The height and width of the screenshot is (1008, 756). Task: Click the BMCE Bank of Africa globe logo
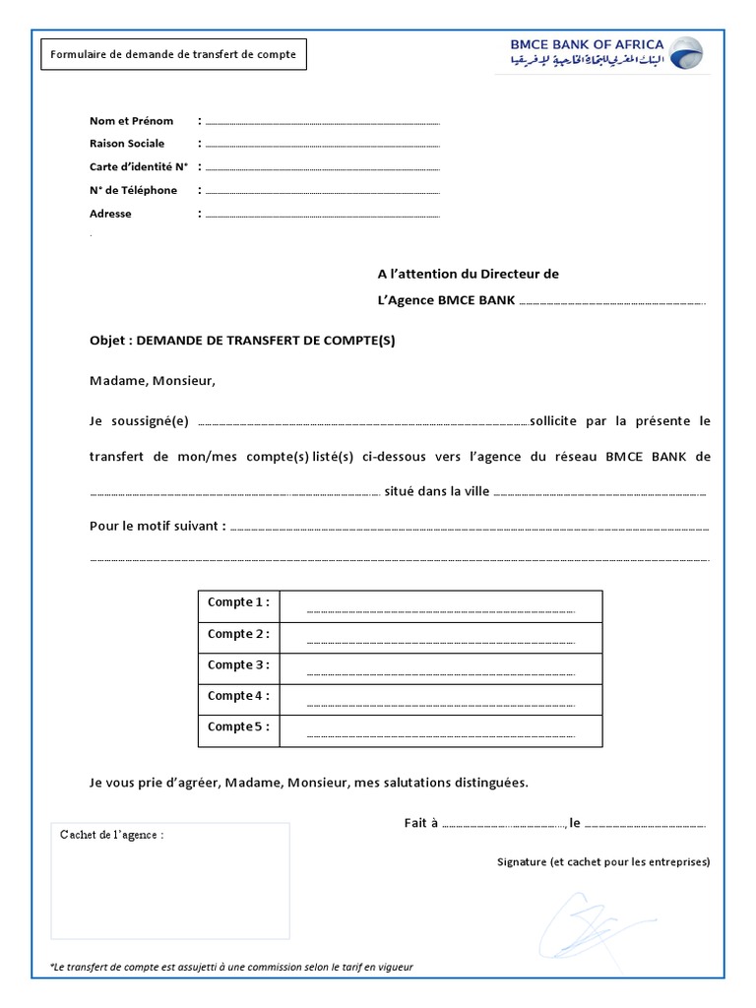[685, 54]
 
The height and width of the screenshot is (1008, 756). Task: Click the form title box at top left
[173, 54]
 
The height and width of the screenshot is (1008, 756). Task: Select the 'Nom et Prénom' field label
[131, 121]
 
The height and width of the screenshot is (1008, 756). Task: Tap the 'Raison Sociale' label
[127, 144]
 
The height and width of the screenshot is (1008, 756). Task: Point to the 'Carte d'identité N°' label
[139, 167]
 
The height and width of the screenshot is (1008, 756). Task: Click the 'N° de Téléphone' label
[133, 190]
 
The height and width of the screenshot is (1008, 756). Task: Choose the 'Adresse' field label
[110, 214]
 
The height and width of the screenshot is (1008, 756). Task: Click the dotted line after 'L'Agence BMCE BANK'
[611, 302]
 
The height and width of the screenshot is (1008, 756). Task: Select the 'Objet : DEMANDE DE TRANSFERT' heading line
[242, 341]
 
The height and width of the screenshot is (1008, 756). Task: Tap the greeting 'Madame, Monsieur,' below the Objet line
[152, 380]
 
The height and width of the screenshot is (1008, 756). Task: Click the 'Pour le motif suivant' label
[157, 526]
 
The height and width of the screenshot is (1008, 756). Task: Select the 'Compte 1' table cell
[237, 602]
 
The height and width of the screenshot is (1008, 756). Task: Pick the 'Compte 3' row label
[237, 665]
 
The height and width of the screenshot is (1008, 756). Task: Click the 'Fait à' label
[420, 823]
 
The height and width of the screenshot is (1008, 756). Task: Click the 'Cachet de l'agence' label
[111, 835]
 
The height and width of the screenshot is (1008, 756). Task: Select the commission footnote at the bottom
[231, 967]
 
